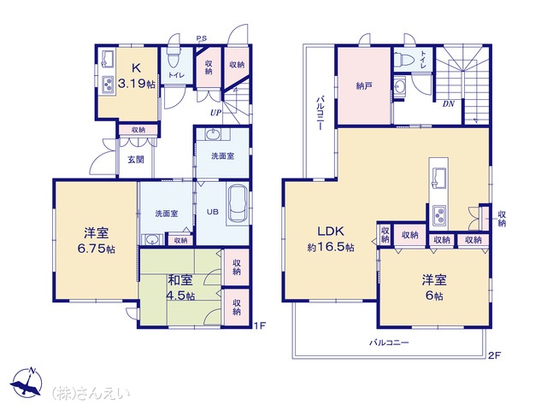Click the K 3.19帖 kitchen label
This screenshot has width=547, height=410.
(x=137, y=76)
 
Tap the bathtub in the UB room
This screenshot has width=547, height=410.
(x=238, y=205)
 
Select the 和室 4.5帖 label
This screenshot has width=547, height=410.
(x=180, y=288)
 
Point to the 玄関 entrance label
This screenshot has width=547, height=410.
(x=135, y=160)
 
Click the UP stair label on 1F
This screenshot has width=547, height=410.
(x=215, y=113)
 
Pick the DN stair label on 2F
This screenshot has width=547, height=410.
(x=449, y=103)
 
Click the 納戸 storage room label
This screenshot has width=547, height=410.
(x=363, y=85)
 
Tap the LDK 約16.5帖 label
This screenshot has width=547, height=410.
(x=331, y=239)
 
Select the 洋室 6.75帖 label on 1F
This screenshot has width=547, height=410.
(x=96, y=240)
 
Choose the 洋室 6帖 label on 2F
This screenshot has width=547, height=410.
(x=434, y=288)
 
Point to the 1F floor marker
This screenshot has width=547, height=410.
(x=260, y=325)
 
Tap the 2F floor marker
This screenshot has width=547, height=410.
(x=494, y=355)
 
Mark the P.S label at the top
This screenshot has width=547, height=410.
(x=202, y=38)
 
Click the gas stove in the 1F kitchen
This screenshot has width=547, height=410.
(x=109, y=85)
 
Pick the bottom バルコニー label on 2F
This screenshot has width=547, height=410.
(x=389, y=343)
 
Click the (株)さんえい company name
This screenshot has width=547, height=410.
(x=91, y=393)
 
